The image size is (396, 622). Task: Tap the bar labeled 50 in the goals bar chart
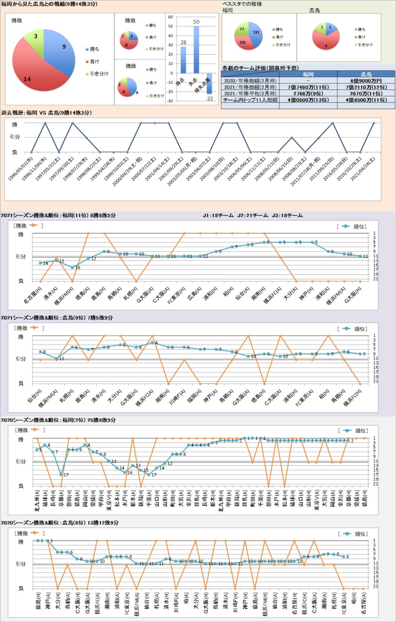[196, 49]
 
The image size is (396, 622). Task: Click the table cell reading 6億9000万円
[366, 80]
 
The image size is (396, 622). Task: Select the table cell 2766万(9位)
[308, 93]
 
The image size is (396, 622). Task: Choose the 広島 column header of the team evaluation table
[366, 74]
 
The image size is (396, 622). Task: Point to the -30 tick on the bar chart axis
[170, 101]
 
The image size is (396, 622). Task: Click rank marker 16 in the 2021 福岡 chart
[72, 267]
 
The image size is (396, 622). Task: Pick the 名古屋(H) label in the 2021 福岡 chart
[34, 295]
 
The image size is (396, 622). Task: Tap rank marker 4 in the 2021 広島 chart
[152, 342]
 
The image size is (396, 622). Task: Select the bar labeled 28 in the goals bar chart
[183, 59]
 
